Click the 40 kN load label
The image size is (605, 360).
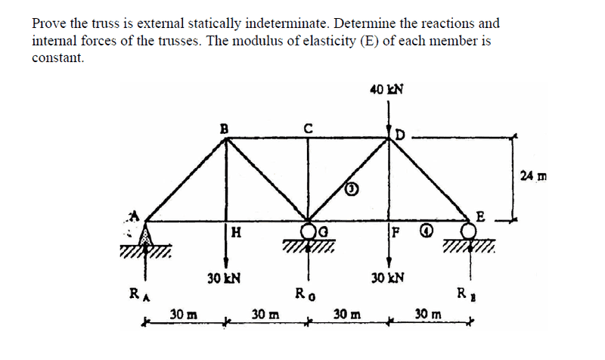[386, 89]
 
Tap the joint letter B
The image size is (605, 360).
[223, 128]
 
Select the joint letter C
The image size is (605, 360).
[307, 128]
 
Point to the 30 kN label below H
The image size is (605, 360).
[223, 278]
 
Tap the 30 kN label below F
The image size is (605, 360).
[386, 278]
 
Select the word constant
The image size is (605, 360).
[57, 58]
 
